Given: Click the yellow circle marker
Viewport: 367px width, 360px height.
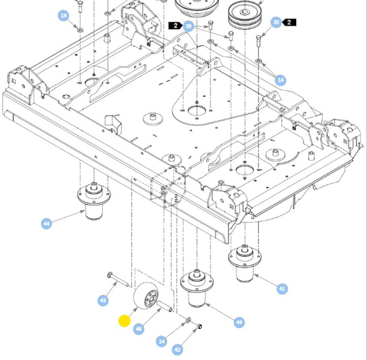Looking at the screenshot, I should (125, 321).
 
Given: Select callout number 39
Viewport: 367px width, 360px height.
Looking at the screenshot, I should (189, 26).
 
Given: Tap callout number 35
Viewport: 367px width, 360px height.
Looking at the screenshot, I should (276, 22).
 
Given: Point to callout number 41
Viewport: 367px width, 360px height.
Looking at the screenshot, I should (282, 288).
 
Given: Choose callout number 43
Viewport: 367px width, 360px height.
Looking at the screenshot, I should (103, 300).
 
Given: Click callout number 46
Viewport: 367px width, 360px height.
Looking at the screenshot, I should (138, 329).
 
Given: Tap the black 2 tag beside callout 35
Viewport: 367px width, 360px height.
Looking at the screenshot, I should (289, 22).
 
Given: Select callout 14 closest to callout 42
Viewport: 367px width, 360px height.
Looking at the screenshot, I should (161, 341).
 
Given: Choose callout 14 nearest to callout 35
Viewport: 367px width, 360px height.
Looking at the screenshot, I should (281, 80).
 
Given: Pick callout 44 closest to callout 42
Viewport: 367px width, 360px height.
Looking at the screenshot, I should (239, 322).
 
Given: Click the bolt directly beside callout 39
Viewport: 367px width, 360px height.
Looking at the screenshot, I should (210, 25).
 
